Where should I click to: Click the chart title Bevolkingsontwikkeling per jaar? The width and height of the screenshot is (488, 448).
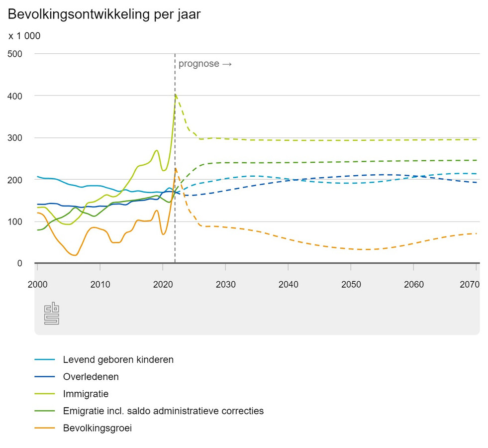click(x=104, y=14)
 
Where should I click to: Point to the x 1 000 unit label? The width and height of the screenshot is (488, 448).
click(x=24, y=36)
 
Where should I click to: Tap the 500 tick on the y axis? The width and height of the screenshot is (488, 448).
click(x=15, y=54)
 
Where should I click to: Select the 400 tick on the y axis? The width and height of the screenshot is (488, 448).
click(x=15, y=96)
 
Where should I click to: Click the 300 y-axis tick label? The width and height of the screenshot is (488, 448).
click(x=15, y=138)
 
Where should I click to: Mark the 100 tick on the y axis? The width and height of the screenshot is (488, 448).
click(x=15, y=222)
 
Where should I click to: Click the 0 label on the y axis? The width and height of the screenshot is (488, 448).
click(x=20, y=263)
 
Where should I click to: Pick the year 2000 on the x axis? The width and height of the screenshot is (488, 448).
click(x=37, y=284)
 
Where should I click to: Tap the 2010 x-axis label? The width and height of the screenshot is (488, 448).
click(x=100, y=284)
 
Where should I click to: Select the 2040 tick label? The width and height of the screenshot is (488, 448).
click(x=288, y=284)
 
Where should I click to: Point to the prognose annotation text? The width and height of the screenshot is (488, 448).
click(x=205, y=64)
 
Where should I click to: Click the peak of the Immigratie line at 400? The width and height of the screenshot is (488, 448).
click(x=176, y=95)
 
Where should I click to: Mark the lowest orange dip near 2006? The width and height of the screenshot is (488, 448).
click(x=75, y=255)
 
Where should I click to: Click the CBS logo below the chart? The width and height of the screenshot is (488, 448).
click(x=52, y=314)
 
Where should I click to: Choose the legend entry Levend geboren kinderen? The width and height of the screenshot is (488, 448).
click(x=118, y=359)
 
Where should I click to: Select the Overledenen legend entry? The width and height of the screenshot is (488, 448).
click(x=91, y=377)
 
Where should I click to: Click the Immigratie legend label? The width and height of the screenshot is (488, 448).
click(x=86, y=394)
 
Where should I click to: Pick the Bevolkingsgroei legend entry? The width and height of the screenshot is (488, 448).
click(x=97, y=428)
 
